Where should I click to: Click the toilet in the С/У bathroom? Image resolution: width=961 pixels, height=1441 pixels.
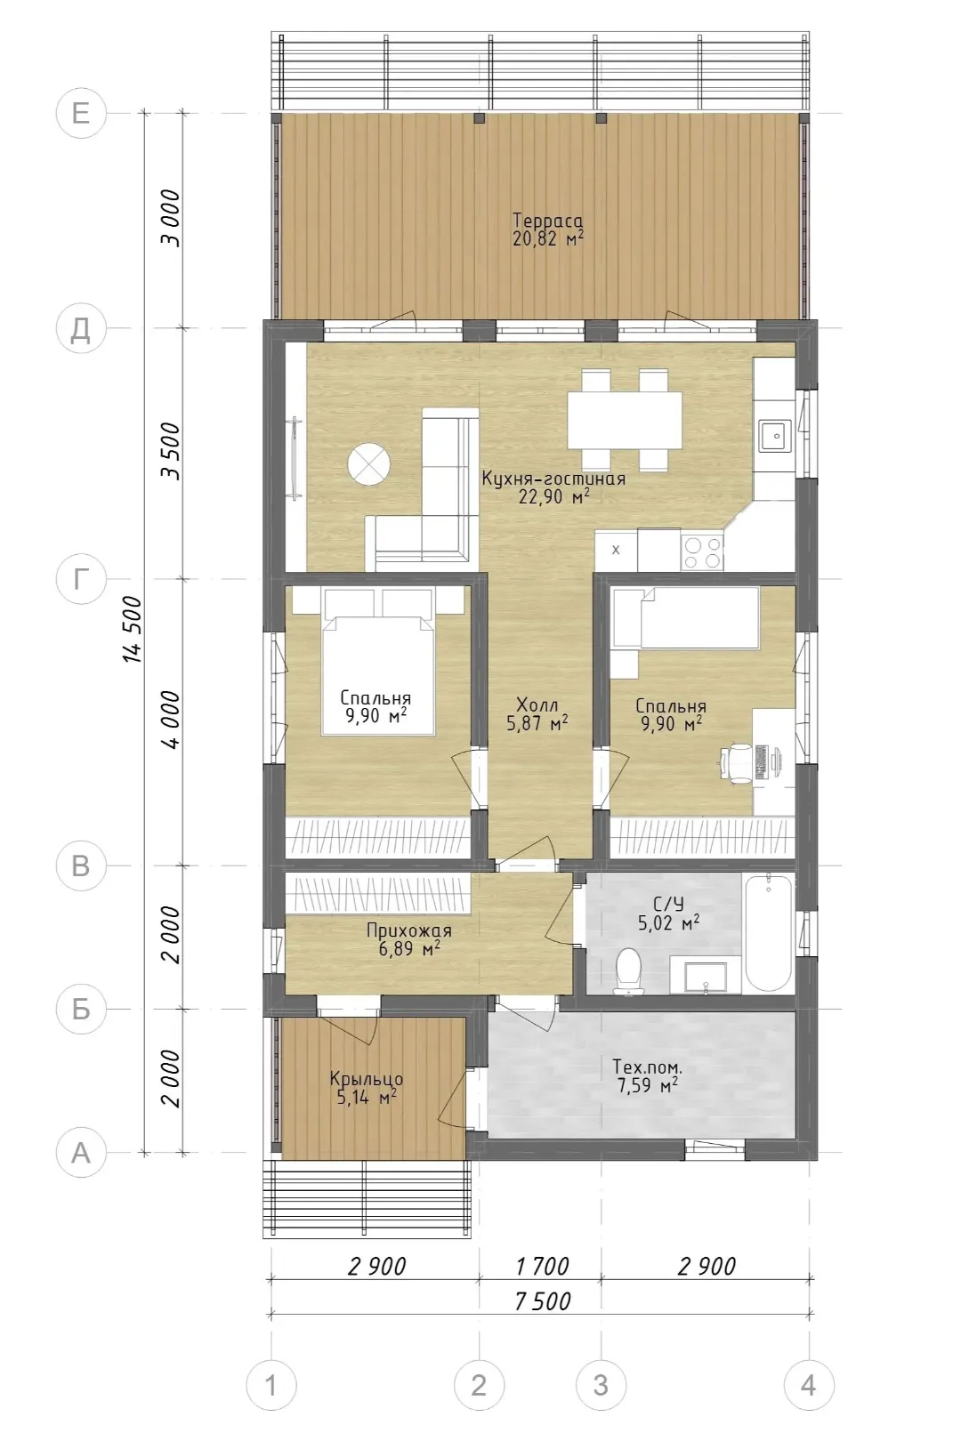pos(628,970)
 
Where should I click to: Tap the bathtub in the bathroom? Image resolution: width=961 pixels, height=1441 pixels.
pos(768,932)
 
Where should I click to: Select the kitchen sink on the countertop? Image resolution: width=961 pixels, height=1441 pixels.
pos(775,436)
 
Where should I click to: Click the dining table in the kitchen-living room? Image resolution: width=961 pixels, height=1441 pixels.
pos(625,420)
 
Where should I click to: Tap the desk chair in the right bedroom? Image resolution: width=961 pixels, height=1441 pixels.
pos(737,763)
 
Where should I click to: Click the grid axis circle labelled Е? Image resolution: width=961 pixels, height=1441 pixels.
pos(80,113)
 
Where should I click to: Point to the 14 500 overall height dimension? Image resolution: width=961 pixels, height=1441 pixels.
pos(133,629)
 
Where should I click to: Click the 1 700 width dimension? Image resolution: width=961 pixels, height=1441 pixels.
pos(542,1266)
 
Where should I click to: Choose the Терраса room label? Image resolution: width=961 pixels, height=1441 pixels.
pos(548,221)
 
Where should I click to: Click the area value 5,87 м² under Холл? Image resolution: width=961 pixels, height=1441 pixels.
pos(537,724)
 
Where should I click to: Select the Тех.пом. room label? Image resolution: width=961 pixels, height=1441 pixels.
pos(647,1067)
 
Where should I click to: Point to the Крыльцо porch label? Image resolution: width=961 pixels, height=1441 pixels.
pos(367,1079)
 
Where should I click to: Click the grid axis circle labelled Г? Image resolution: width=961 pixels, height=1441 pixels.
pos(80,579)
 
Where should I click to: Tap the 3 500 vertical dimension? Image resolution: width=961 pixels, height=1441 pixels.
pos(171,451)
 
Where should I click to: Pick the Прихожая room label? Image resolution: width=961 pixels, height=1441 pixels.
pos(408,930)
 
